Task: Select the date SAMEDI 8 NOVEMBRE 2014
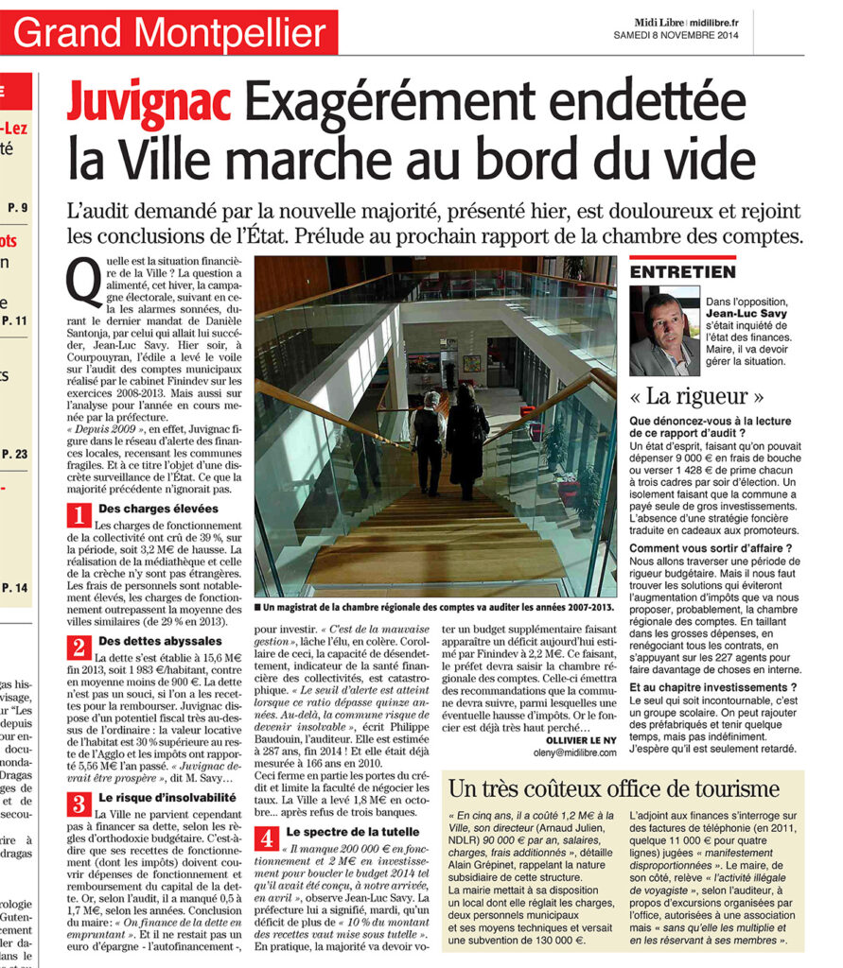674,35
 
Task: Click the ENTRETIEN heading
682,272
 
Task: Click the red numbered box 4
269,838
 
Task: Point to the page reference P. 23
16,454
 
